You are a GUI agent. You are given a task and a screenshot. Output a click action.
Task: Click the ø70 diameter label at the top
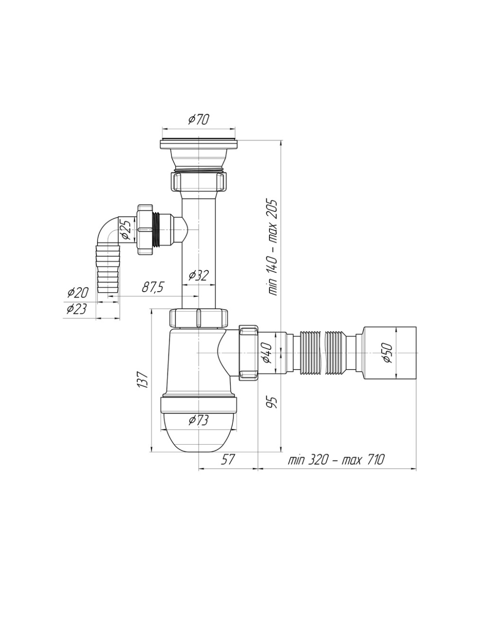pyautogui.click(x=199, y=119)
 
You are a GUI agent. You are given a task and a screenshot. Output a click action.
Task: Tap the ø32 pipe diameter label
pyautogui.click(x=199, y=276)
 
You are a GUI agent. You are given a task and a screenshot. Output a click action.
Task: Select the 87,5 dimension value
pyautogui.click(x=153, y=287)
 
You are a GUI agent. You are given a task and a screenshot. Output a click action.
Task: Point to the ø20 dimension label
pyautogui.click(x=78, y=292)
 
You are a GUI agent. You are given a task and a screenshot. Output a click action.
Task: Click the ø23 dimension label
pyautogui.click(x=76, y=309)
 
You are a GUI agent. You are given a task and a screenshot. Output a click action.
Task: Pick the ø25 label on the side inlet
pyautogui.click(x=127, y=228)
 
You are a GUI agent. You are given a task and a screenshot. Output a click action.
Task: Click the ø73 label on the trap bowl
pyautogui.click(x=199, y=420)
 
